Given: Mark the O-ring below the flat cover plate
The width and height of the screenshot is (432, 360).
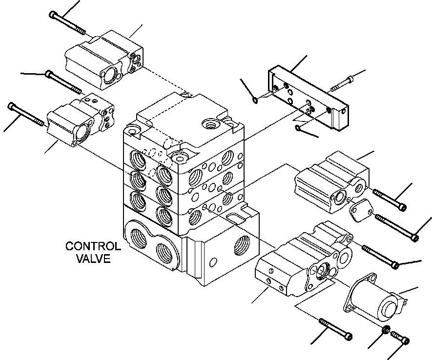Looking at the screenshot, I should tap(298, 128).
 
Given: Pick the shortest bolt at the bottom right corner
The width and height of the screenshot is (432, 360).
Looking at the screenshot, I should tap(399, 338).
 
